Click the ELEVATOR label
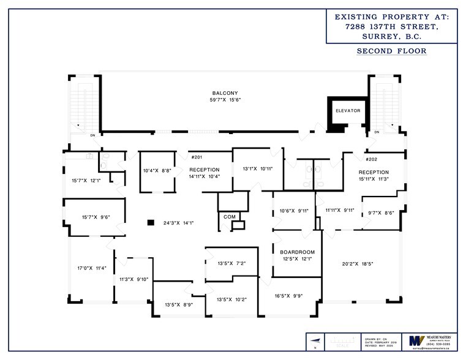(347, 111)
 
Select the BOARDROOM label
(297, 252)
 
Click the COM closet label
(230, 217)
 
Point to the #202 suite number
(372, 159)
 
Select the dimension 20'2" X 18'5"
(358, 264)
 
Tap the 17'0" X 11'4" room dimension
(92, 268)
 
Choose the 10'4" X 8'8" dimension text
(157, 170)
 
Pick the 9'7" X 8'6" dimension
(381, 213)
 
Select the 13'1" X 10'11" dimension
(257, 168)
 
